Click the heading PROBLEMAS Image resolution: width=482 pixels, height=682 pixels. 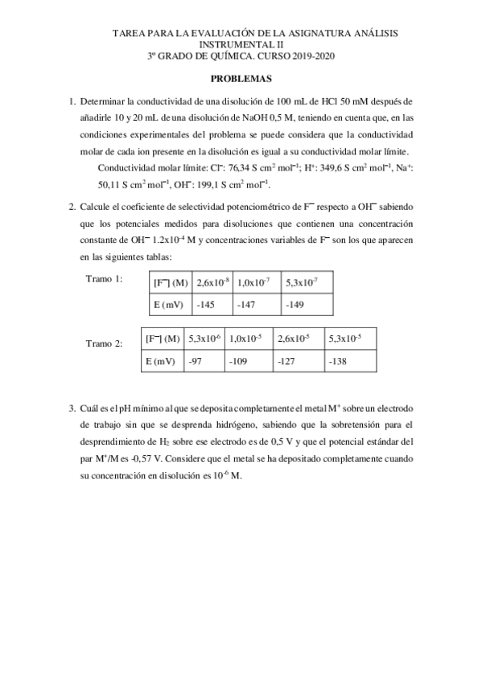point(241,80)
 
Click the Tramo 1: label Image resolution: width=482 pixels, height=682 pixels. point(104,278)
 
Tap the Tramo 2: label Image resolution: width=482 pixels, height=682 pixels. point(104,343)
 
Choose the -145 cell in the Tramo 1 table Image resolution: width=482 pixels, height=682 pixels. point(206,306)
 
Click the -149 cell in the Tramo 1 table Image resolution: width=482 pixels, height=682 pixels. point(295,306)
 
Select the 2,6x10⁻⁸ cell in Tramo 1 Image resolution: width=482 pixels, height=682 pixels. point(212,281)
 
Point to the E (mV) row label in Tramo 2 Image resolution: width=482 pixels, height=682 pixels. point(161,362)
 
